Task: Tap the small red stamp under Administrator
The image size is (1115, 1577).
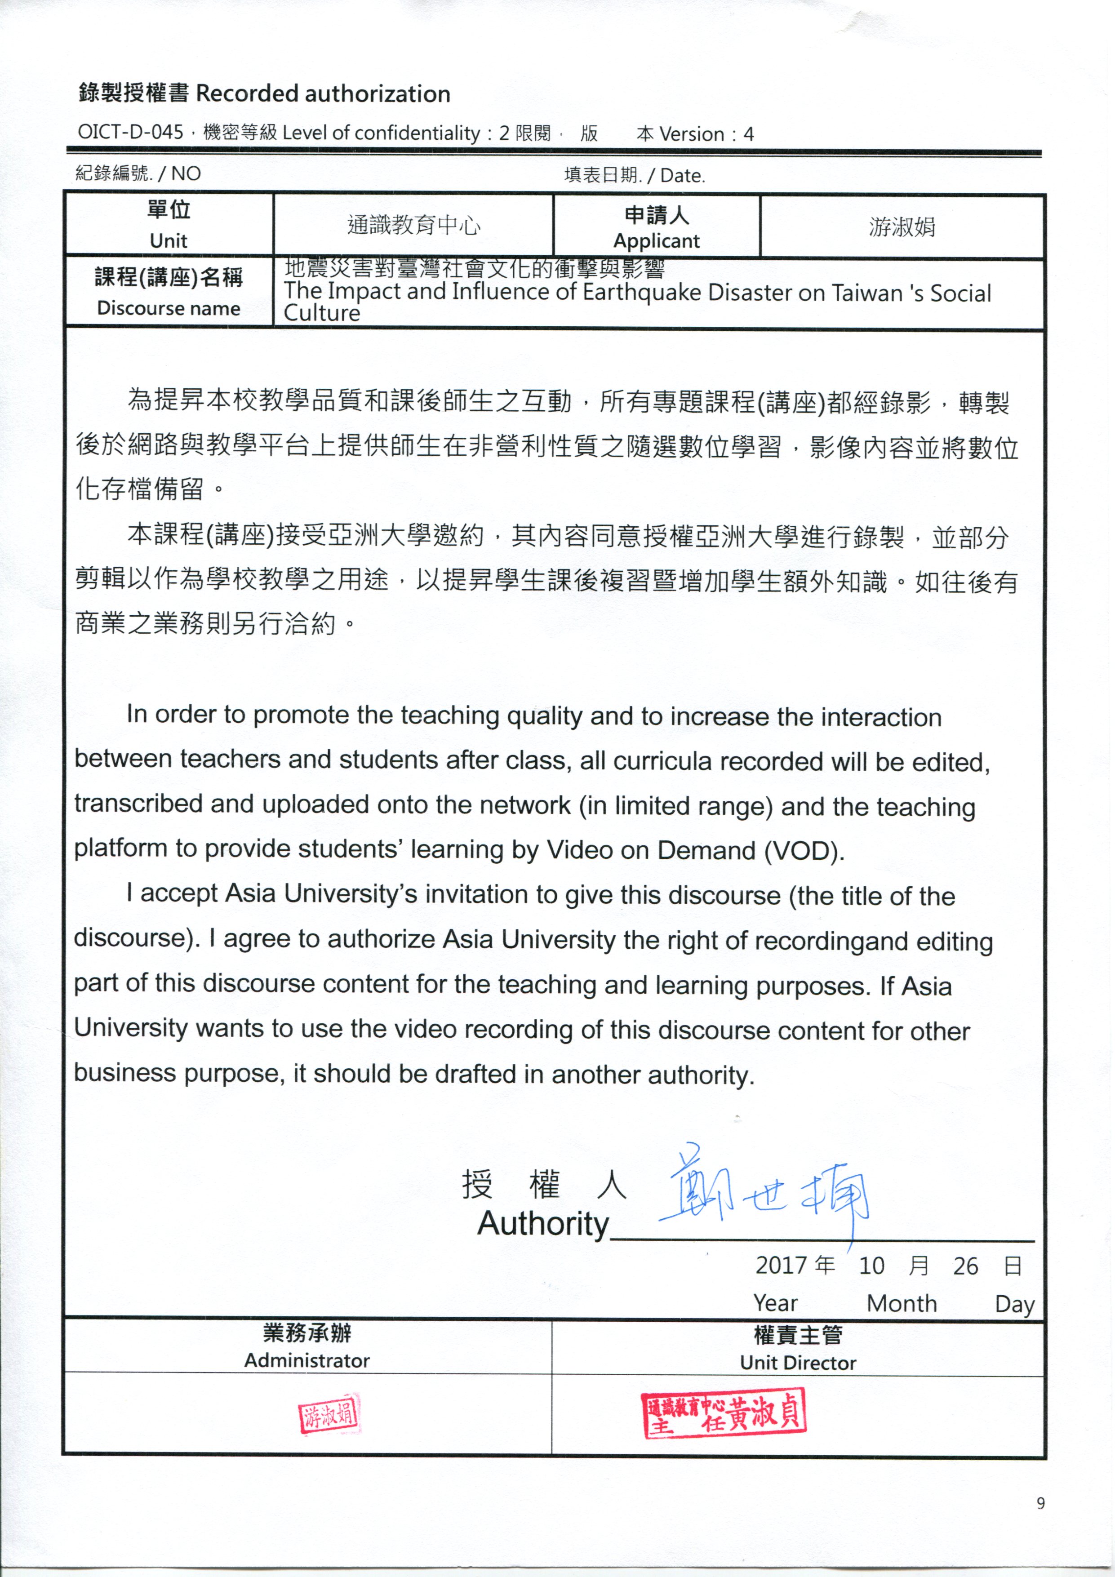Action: [x=329, y=1414]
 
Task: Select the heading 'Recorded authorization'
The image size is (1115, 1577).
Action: [x=323, y=94]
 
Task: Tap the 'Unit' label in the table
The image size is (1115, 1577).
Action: [x=169, y=240]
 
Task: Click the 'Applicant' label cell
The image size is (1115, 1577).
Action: [x=656, y=240]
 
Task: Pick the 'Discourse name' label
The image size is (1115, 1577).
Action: [x=169, y=308]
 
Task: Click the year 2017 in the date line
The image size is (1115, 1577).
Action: [x=781, y=1265]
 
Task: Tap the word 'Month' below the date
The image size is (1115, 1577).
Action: [x=902, y=1303]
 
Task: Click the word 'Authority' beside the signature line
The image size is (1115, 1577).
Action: [x=543, y=1223]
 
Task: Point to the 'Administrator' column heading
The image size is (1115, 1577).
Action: [x=307, y=1361]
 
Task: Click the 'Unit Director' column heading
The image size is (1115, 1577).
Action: [x=798, y=1363]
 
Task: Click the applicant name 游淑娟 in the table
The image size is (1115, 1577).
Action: [x=902, y=226]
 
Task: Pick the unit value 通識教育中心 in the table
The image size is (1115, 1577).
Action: [x=413, y=225]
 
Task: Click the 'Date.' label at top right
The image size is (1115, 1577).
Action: [x=682, y=176]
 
